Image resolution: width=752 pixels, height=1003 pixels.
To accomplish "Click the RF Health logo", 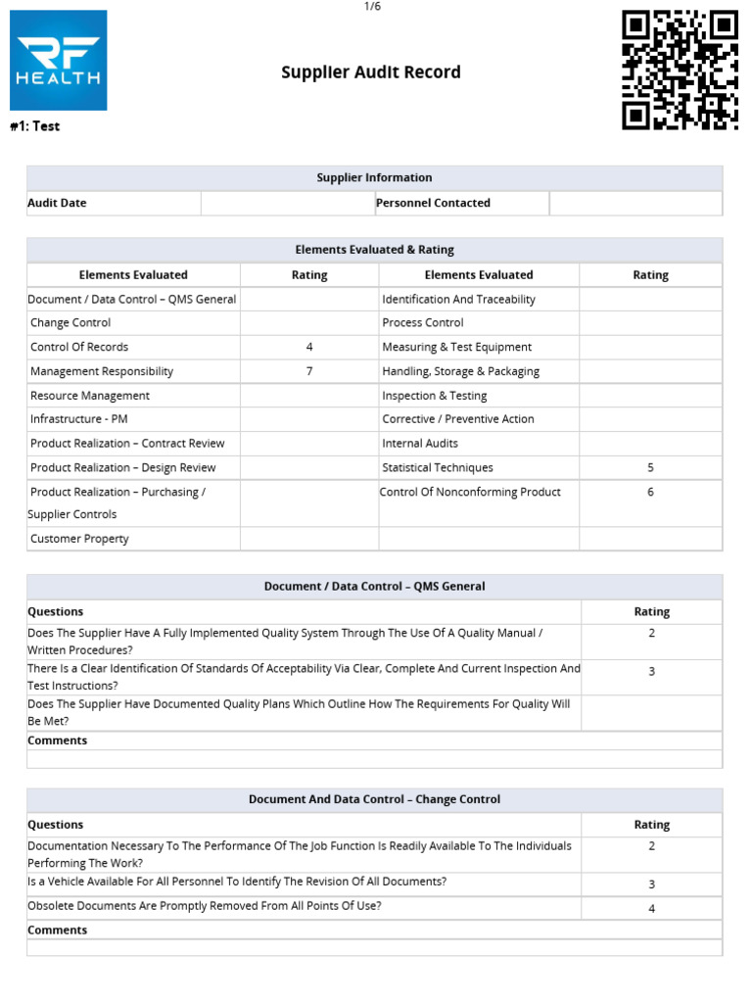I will [58, 60].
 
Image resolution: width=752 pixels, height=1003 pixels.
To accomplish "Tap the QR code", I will [680, 70].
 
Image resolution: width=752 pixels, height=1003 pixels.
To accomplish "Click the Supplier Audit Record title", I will [371, 72].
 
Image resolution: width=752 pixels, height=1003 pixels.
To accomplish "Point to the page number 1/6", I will [372, 7].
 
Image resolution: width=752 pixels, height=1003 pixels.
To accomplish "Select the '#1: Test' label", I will [34, 126].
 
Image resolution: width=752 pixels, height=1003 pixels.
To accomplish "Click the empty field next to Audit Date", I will [287, 203].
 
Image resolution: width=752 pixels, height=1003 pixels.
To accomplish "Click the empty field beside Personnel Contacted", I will [635, 203].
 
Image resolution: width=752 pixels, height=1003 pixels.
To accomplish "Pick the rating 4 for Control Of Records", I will [309, 347].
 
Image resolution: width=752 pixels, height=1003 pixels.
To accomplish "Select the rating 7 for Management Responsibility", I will [309, 371].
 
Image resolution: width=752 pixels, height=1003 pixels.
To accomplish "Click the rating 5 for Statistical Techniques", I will [650, 467].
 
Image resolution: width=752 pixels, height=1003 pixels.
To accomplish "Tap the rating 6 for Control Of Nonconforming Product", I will [650, 492].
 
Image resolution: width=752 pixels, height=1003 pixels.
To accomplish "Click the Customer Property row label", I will [79, 539].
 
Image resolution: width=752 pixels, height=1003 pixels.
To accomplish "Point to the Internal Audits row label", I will [420, 443].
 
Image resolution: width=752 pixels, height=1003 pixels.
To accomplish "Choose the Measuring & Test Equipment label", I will [456, 347].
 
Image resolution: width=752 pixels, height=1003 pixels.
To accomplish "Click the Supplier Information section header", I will [374, 177].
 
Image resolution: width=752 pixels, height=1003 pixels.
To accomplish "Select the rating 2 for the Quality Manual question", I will [651, 633].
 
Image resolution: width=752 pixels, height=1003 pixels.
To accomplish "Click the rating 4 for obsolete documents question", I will [651, 908].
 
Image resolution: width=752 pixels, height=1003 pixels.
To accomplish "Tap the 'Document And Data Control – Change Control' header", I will [374, 799].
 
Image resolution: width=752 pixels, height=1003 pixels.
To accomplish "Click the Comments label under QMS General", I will [57, 740].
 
